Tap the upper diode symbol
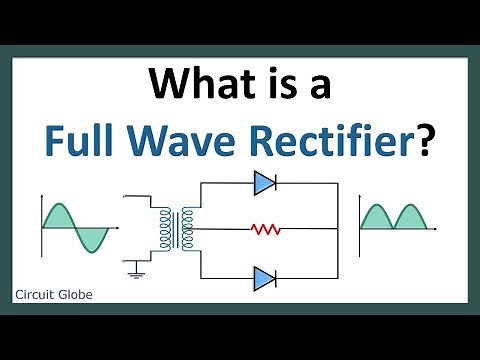point(264,182)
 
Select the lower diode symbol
point(264,276)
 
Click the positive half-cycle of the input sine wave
point(62,216)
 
